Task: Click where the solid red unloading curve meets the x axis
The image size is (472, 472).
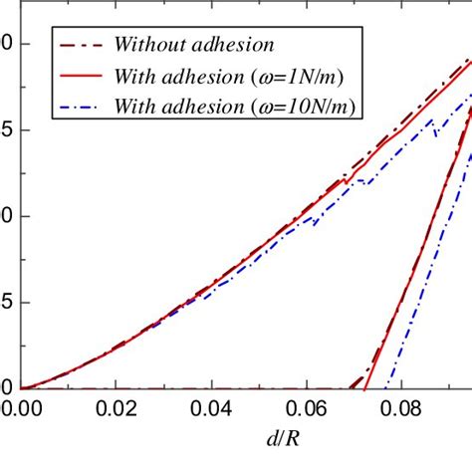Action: click(x=366, y=387)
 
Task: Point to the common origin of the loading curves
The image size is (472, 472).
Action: click(x=22, y=387)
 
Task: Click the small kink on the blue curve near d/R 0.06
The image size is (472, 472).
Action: click(x=315, y=223)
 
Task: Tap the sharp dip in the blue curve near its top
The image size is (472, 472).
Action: click(x=435, y=134)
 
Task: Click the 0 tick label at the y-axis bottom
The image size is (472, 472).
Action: click(x=7, y=387)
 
